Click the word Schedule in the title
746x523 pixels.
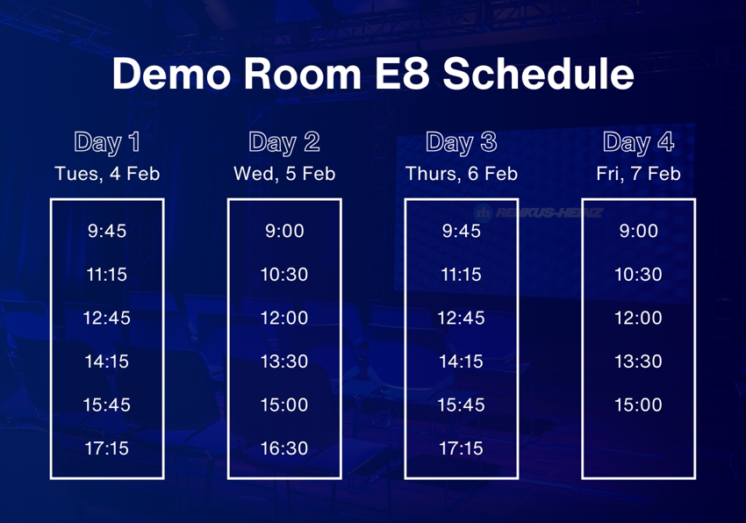(538, 74)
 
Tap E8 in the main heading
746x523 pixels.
(402, 74)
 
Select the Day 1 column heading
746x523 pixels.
(107, 142)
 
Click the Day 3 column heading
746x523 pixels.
(462, 142)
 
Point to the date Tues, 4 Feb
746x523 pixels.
(107, 174)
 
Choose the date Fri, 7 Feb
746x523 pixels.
(638, 174)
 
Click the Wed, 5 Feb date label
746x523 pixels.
(284, 174)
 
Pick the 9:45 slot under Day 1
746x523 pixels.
(107, 231)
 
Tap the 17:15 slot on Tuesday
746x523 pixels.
(107, 448)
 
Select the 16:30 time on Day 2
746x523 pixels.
(284, 448)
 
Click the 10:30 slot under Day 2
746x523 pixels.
(284, 274)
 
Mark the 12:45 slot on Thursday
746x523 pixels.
(461, 318)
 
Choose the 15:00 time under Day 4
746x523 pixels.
(638, 405)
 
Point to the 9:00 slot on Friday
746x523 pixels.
(638, 231)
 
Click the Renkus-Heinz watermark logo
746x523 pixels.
(539, 212)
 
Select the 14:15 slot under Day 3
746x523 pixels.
(461, 362)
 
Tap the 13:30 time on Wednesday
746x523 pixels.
(284, 362)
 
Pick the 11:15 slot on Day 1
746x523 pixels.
(107, 274)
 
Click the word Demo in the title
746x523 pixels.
(171, 74)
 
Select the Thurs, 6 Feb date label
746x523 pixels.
(462, 174)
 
